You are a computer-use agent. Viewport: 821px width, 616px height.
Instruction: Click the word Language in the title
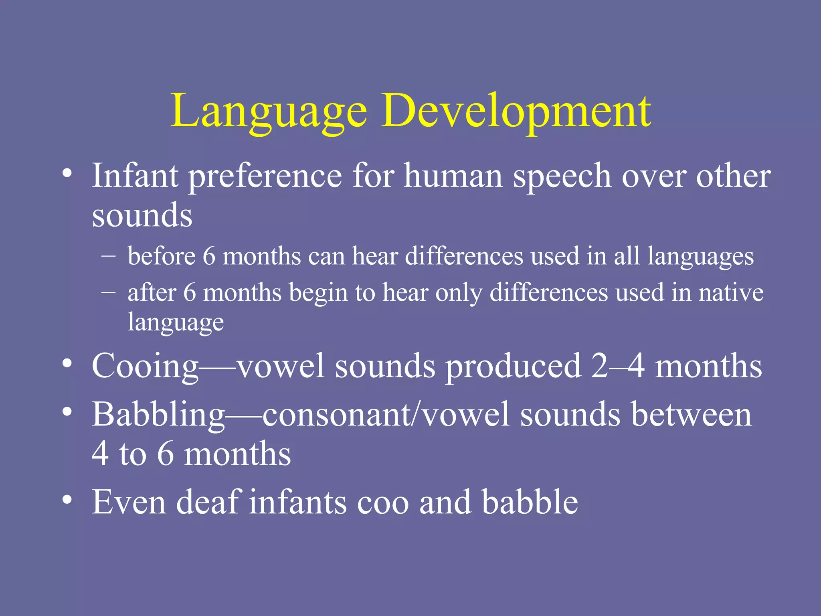coord(269,111)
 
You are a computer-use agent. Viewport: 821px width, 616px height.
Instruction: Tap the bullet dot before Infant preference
coord(67,174)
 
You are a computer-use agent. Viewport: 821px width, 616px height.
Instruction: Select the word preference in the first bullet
coord(265,176)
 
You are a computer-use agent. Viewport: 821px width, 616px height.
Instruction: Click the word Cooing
coord(145,366)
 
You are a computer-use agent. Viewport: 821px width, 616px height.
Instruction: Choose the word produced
coord(513,366)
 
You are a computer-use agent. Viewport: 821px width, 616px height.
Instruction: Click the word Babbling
coord(158,415)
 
